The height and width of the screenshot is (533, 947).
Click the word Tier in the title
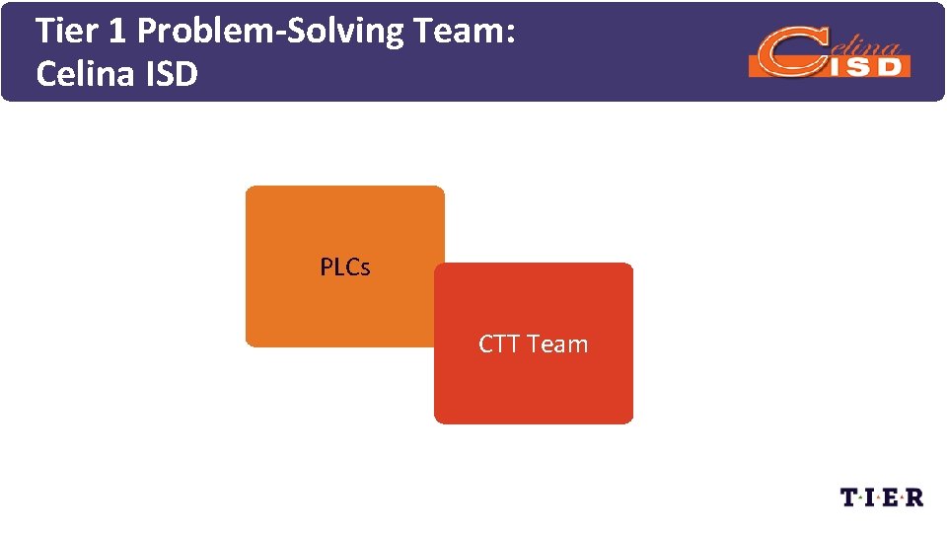tap(64, 32)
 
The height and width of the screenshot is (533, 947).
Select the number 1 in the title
tap(117, 32)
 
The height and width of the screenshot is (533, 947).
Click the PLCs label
tap(345, 266)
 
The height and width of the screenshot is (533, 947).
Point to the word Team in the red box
tap(557, 344)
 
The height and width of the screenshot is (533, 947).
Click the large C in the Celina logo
tap(784, 55)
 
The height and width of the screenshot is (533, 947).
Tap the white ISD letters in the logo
tap(868, 65)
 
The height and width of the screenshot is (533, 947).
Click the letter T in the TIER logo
tap(851, 496)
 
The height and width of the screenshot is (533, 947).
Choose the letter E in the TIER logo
tap(893, 496)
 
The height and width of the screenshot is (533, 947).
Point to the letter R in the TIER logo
tap(914, 496)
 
